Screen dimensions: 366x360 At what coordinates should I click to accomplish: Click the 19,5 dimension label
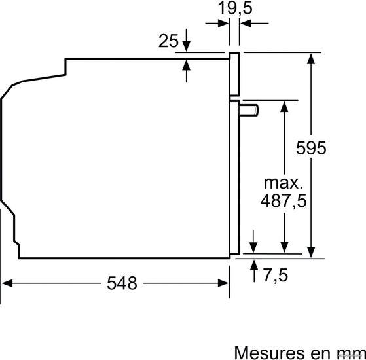click(x=235, y=8)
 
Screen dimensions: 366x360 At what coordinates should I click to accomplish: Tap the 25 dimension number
click(x=168, y=41)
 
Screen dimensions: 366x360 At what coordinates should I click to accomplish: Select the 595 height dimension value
click(x=311, y=148)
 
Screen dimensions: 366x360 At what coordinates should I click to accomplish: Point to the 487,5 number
click(x=284, y=201)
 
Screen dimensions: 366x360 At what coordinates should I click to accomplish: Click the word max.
click(x=284, y=183)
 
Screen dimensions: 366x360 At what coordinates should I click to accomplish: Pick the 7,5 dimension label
click(x=276, y=276)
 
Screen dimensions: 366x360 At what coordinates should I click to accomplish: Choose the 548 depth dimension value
click(x=122, y=283)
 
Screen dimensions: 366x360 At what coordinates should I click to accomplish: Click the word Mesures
click(x=269, y=353)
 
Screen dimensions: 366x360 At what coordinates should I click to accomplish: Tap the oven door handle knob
click(x=249, y=110)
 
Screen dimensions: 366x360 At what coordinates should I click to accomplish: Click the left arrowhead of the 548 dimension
click(x=7, y=283)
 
